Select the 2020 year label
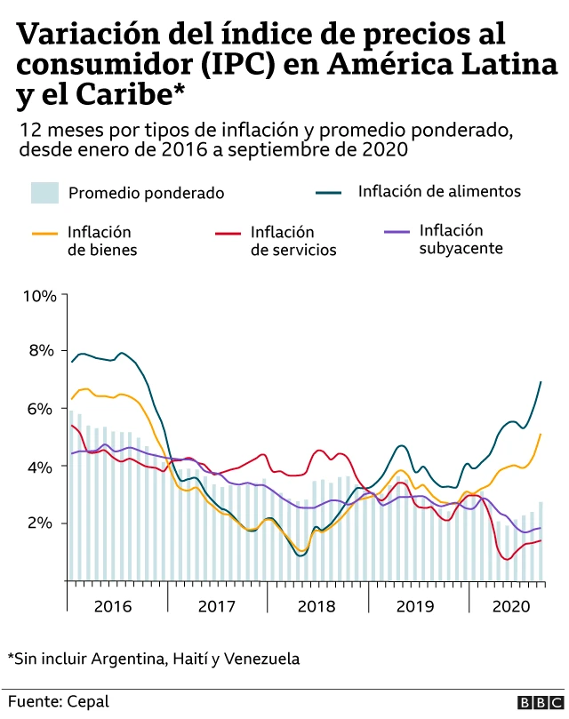tap(510, 606)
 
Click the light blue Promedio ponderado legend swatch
tap(44, 192)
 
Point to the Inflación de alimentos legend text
tap(439, 191)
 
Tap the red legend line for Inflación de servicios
tap(228, 234)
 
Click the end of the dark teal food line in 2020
tap(541, 382)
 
